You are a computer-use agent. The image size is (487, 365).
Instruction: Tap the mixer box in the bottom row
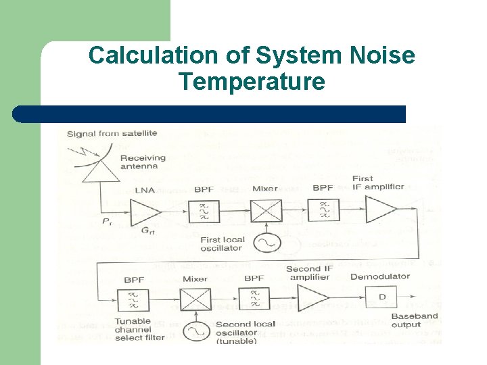(x=195, y=298)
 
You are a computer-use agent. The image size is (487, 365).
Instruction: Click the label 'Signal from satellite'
(x=112, y=133)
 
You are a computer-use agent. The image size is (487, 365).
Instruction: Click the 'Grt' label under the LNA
(x=148, y=230)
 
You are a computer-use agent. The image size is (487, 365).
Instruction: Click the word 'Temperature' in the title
(x=252, y=82)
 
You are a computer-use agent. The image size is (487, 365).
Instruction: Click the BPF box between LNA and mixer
(x=204, y=211)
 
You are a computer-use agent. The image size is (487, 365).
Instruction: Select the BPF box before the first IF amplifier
(x=323, y=211)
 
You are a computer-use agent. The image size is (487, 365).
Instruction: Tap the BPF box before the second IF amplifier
(x=254, y=298)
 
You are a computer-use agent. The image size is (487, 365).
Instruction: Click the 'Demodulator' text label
(x=380, y=276)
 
